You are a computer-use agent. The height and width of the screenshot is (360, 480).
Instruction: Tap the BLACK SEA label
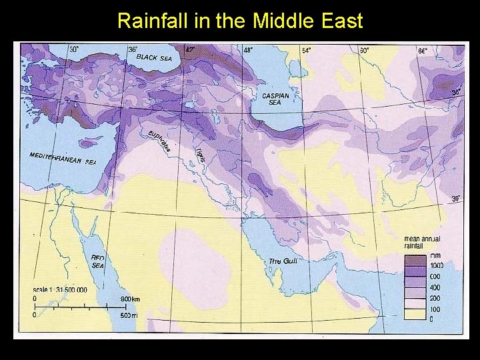[x=154, y=58]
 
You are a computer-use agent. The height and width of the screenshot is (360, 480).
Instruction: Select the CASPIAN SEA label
[x=275, y=99]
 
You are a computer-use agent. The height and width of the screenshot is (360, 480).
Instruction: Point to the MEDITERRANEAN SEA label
[x=63, y=158]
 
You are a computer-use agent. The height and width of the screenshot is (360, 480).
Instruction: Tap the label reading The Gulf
[x=282, y=261]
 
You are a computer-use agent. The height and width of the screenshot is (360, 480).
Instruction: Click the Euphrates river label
[x=160, y=140]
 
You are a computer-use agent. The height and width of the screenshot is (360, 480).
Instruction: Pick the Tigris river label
[x=199, y=153]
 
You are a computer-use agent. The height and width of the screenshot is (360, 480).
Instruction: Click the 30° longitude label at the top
[x=74, y=49]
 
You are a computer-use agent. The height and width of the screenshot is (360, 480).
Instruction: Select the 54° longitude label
[x=306, y=50]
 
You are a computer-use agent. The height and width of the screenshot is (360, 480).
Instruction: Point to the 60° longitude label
[x=365, y=50]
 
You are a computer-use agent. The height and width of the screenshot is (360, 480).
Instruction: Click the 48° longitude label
[x=248, y=50]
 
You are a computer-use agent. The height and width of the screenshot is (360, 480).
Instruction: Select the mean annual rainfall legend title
[x=422, y=241]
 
